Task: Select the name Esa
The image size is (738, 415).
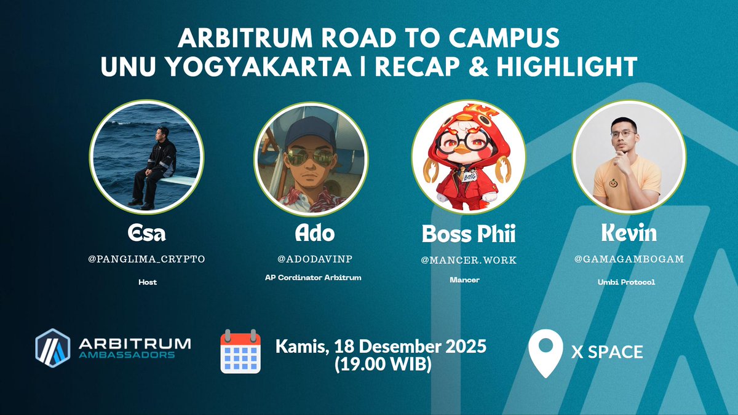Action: point(146,234)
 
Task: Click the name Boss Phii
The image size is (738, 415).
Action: point(469,234)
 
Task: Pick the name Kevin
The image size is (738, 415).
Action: point(629,234)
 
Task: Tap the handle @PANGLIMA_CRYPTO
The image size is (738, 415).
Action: point(146,259)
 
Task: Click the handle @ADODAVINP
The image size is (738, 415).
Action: point(309,259)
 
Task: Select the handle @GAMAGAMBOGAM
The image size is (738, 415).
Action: point(629,259)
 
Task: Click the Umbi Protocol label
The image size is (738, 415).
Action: point(629,282)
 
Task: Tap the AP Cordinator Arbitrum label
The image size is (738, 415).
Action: point(309,277)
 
